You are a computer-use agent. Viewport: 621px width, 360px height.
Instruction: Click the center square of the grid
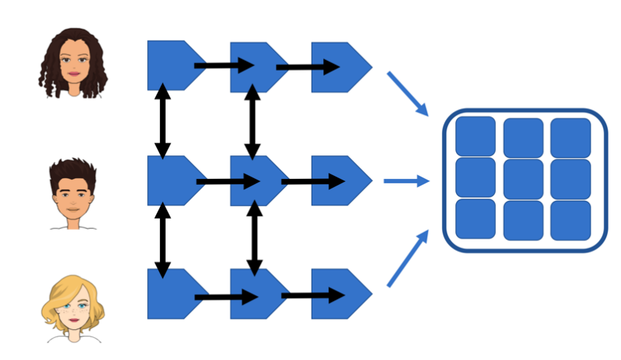523,179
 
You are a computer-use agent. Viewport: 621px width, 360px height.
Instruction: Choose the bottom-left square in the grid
475,219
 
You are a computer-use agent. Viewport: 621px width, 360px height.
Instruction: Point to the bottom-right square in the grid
570,219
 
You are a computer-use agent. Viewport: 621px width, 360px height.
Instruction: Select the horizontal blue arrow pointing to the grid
406,180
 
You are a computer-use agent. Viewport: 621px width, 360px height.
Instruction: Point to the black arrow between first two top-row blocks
223,66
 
